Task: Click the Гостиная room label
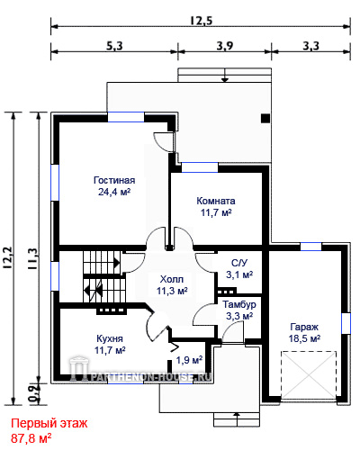pos(114,180)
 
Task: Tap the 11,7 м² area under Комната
pos(216,212)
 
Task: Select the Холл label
pos(172,279)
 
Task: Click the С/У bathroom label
pos(239,263)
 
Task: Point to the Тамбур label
pos(239,304)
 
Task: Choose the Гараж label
pos(304,327)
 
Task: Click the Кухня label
pos(110,338)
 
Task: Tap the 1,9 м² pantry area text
pos(189,360)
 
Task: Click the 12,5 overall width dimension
pos(202,21)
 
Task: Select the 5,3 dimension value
pos(114,46)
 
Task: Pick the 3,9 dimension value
pos(225,46)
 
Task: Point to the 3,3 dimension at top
pos(311,46)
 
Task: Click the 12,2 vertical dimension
pos(8,257)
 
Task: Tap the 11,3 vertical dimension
pos(33,258)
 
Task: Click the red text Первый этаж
pos(49,424)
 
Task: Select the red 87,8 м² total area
pos(31,438)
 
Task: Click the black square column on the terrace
pos(265,119)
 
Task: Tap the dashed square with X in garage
pos(309,375)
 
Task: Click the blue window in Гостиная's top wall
pos(126,117)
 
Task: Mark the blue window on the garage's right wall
pos(346,323)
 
